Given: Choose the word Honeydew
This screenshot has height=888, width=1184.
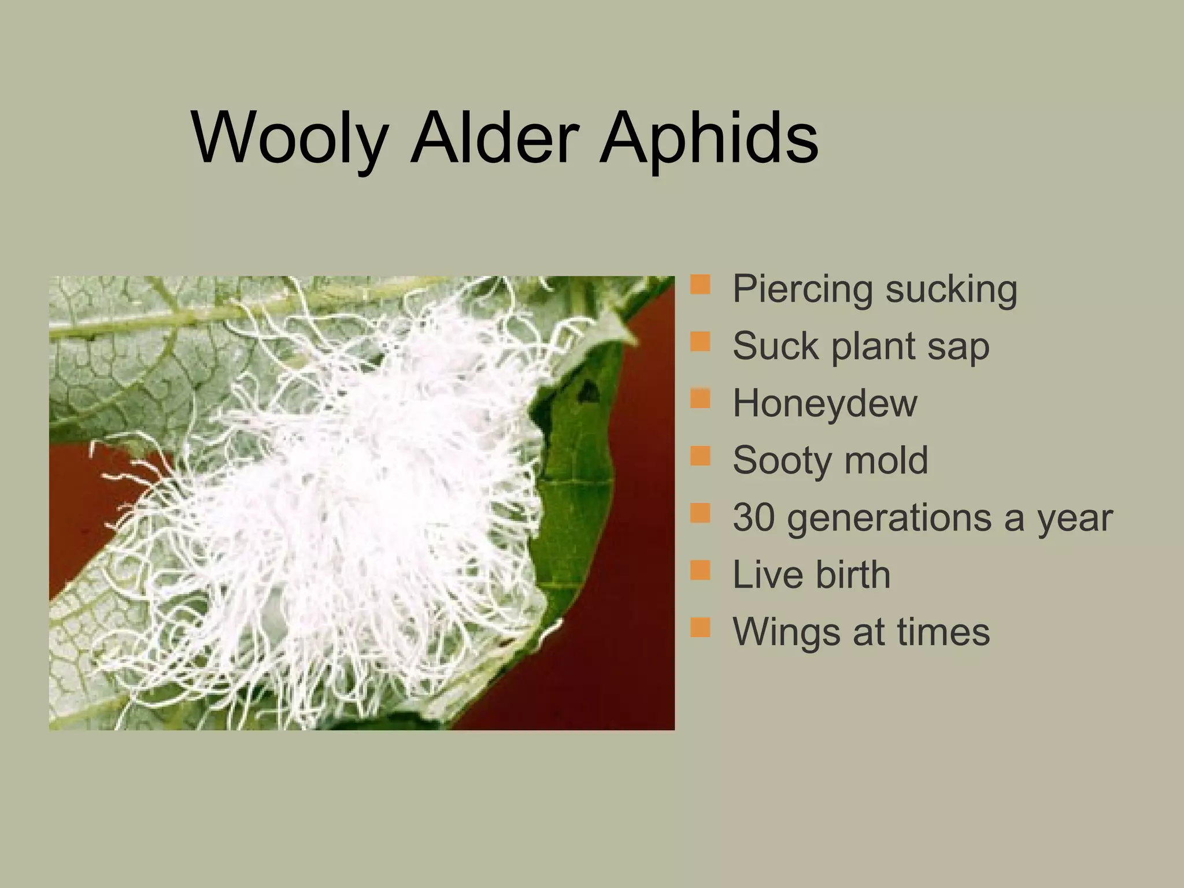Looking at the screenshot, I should point(824,404).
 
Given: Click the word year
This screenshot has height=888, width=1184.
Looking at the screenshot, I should point(1075,518).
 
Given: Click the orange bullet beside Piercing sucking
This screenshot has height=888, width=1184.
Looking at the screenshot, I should point(700,285).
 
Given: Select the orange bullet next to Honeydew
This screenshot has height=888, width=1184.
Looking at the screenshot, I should point(700,399).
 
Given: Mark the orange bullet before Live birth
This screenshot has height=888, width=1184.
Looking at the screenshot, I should point(700,570).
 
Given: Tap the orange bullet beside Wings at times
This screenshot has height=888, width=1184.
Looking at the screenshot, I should point(700,627).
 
